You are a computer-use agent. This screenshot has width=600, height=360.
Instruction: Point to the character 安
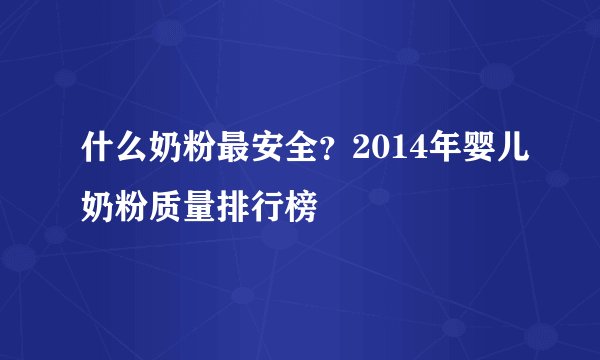[x=243, y=151]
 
